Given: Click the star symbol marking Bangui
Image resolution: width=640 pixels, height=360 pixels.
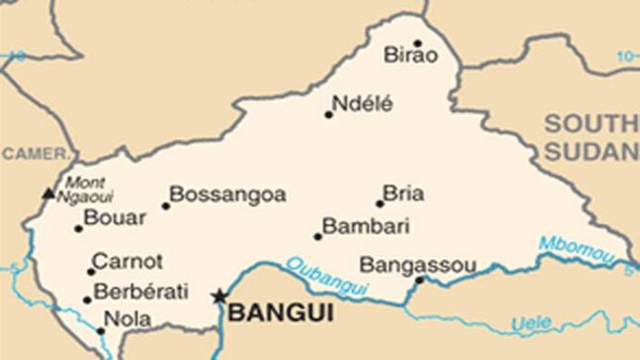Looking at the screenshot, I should pyautogui.click(x=220, y=297).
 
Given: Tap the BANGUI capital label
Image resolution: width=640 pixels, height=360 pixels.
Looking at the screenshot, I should pyautogui.click(x=280, y=314).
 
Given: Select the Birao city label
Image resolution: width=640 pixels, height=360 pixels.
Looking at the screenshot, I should pyautogui.click(x=410, y=56).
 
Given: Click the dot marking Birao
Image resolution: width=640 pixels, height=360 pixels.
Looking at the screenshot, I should pyautogui.click(x=417, y=43).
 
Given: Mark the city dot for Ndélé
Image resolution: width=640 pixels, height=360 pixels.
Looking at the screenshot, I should pyautogui.click(x=328, y=115).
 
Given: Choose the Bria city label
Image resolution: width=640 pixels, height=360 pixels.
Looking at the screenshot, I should pyautogui.click(x=403, y=193).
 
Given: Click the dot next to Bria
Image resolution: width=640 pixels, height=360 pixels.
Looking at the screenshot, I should pyautogui.click(x=379, y=203).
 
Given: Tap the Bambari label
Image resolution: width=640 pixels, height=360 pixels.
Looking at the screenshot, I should pyautogui.click(x=352, y=226).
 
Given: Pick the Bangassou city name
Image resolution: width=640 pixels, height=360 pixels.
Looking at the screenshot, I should pyautogui.click(x=417, y=265).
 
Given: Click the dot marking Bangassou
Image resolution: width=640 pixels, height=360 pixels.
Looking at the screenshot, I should pyautogui.click(x=419, y=279).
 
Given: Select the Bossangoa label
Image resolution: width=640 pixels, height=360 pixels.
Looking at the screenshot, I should pyautogui.click(x=228, y=195).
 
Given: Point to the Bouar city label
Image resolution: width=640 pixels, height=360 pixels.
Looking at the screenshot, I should pyautogui.click(x=115, y=218).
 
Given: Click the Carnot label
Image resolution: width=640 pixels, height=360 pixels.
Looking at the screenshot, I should pyautogui.click(x=128, y=262).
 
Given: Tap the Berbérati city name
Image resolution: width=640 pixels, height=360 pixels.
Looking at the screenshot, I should pyautogui.click(x=141, y=289).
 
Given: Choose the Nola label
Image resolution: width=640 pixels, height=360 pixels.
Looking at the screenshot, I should pyautogui.click(x=127, y=318).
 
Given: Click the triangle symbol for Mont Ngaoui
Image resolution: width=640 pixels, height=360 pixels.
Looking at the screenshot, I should pyautogui.click(x=48, y=194).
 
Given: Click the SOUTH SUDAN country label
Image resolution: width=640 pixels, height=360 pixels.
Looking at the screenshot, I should pyautogui.click(x=591, y=137).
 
